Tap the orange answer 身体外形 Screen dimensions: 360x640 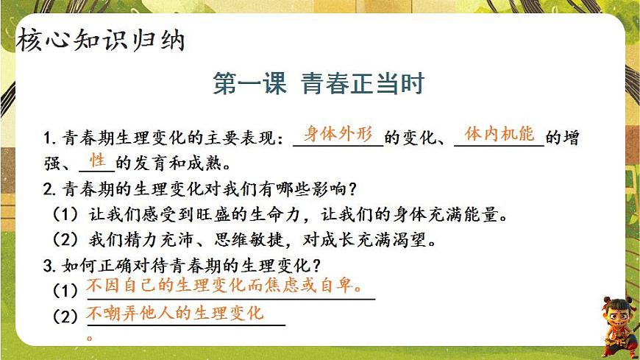339,135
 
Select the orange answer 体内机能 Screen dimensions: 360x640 499,135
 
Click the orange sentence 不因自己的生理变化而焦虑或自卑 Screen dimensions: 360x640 224,285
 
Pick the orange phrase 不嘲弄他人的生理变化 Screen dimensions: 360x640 175,314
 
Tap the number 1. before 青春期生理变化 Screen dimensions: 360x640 51,138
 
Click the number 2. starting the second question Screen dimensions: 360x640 51,189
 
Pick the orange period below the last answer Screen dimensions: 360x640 90,338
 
